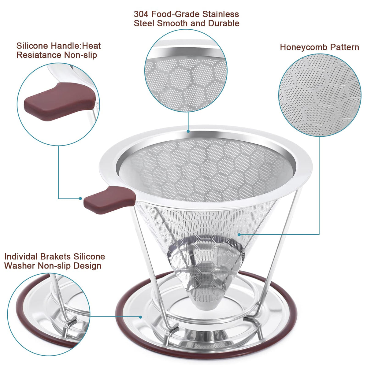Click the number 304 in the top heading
[141, 14]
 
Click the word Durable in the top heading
[224, 24]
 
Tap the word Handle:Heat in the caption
[76, 46]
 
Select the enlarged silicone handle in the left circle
[59, 102]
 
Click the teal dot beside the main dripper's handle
[80, 198]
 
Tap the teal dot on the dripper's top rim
[188, 131]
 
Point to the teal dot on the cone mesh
[239, 235]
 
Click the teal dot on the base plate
[140, 317]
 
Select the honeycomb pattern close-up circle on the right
[320, 95]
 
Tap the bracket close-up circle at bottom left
[49, 314]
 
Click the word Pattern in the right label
[345, 47]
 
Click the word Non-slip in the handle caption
[80, 55]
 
